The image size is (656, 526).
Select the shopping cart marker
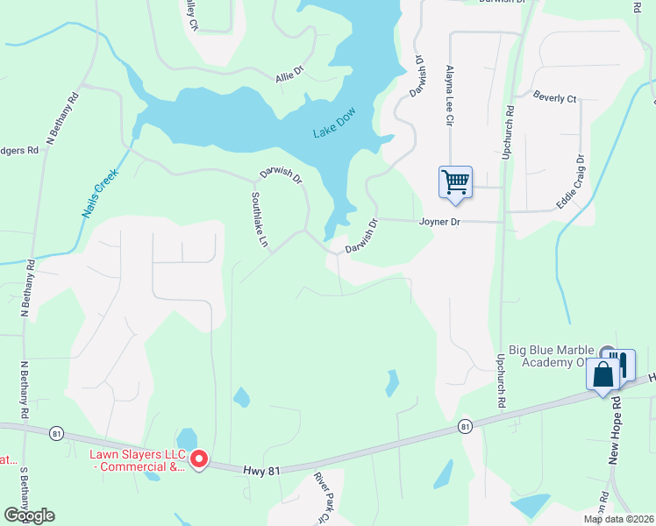(x=455, y=182)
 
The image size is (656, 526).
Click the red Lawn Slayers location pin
(x=199, y=458)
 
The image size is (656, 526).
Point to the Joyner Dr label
(x=439, y=223)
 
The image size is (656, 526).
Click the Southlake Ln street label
(x=260, y=220)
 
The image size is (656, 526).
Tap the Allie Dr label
(x=289, y=77)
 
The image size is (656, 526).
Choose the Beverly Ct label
(x=554, y=99)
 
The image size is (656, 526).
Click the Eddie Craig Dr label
(x=570, y=182)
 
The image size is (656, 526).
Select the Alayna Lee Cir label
(x=449, y=94)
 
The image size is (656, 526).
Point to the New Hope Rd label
(x=616, y=430)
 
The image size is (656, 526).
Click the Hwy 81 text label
(x=262, y=471)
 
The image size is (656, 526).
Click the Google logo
(x=29, y=515)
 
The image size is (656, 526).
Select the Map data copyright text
(x=618, y=519)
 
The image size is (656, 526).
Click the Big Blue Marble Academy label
(x=560, y=356)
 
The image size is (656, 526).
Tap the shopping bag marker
(x=603, y=374)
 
